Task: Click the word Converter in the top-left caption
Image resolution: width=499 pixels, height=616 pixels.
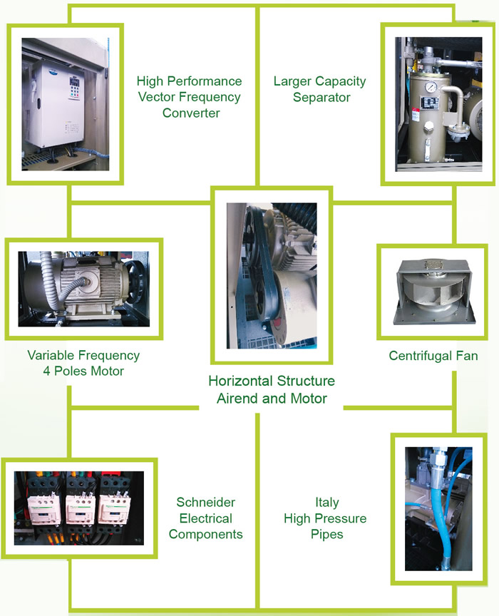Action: pos(191,113)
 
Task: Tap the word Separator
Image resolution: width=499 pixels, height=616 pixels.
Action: pos(321,98)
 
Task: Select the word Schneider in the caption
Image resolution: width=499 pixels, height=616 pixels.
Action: pos(205,502)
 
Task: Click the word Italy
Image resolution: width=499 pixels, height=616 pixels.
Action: pos(327,503)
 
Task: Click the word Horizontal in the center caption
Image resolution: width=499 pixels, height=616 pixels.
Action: pos(240,381)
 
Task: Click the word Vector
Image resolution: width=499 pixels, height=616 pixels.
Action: pos(156,97)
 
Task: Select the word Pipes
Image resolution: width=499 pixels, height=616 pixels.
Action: pos(327,534)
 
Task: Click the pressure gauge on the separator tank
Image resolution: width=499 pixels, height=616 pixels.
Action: pos(431,87)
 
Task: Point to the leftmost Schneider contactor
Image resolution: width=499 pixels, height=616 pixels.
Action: pos(43,510)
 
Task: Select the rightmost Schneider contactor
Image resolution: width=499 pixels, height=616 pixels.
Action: pos(114,509)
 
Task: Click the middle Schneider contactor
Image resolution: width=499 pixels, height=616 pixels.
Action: pos(80,509)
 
